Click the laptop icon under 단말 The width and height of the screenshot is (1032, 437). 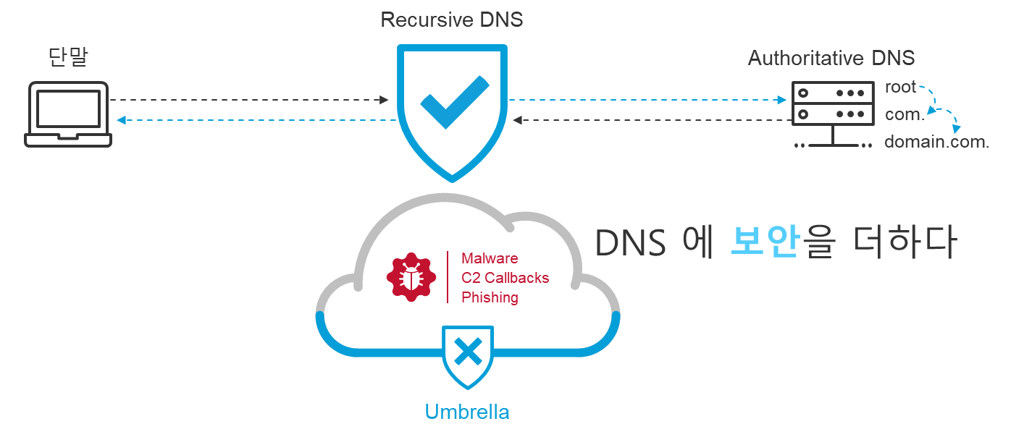[x=69, y=114]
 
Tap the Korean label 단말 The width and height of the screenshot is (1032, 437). [x=68, y=58]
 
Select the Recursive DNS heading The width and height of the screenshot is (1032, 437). [x=452, y=20]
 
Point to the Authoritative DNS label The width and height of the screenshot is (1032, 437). [x=831, y=58]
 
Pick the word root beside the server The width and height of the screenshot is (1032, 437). [x=901, y=88]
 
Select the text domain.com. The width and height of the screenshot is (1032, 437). [x=936, y=142]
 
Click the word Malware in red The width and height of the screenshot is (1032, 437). [x=490, y=258]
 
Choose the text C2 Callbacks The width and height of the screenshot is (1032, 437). [x=505, y=278]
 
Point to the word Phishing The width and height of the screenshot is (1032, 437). [x=490, y=297]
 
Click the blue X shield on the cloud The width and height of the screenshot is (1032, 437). [x=469, y=354]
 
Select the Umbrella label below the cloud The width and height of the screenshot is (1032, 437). [x=467, y=412]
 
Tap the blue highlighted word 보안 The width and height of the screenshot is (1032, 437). [x=765, y=243]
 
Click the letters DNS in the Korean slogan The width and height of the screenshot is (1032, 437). [x=630, y=244]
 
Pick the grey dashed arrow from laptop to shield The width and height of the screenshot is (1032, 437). [x=250, y=99]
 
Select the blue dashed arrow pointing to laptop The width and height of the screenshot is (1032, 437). [x=257, y=120]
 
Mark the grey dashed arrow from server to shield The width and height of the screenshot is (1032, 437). [x=652, y=120]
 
